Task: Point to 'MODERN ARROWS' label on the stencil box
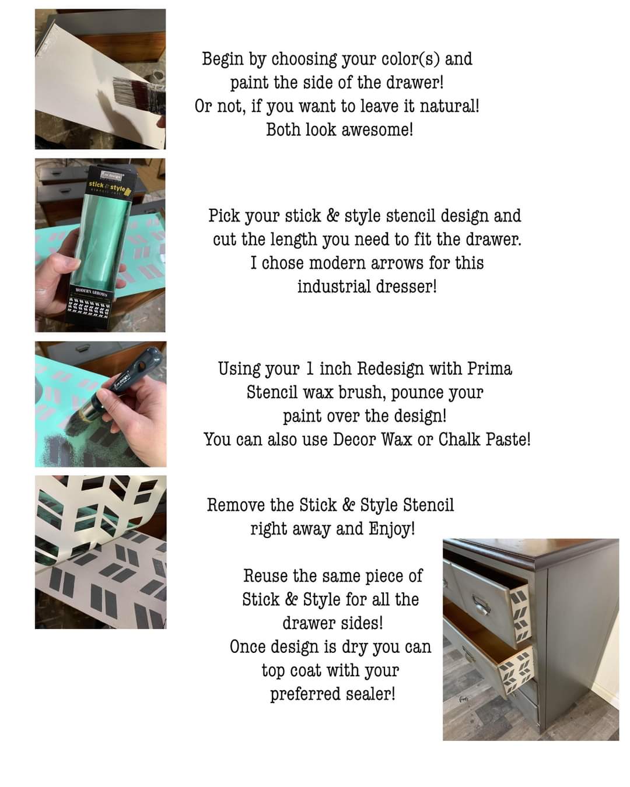[x=91, y=294]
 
